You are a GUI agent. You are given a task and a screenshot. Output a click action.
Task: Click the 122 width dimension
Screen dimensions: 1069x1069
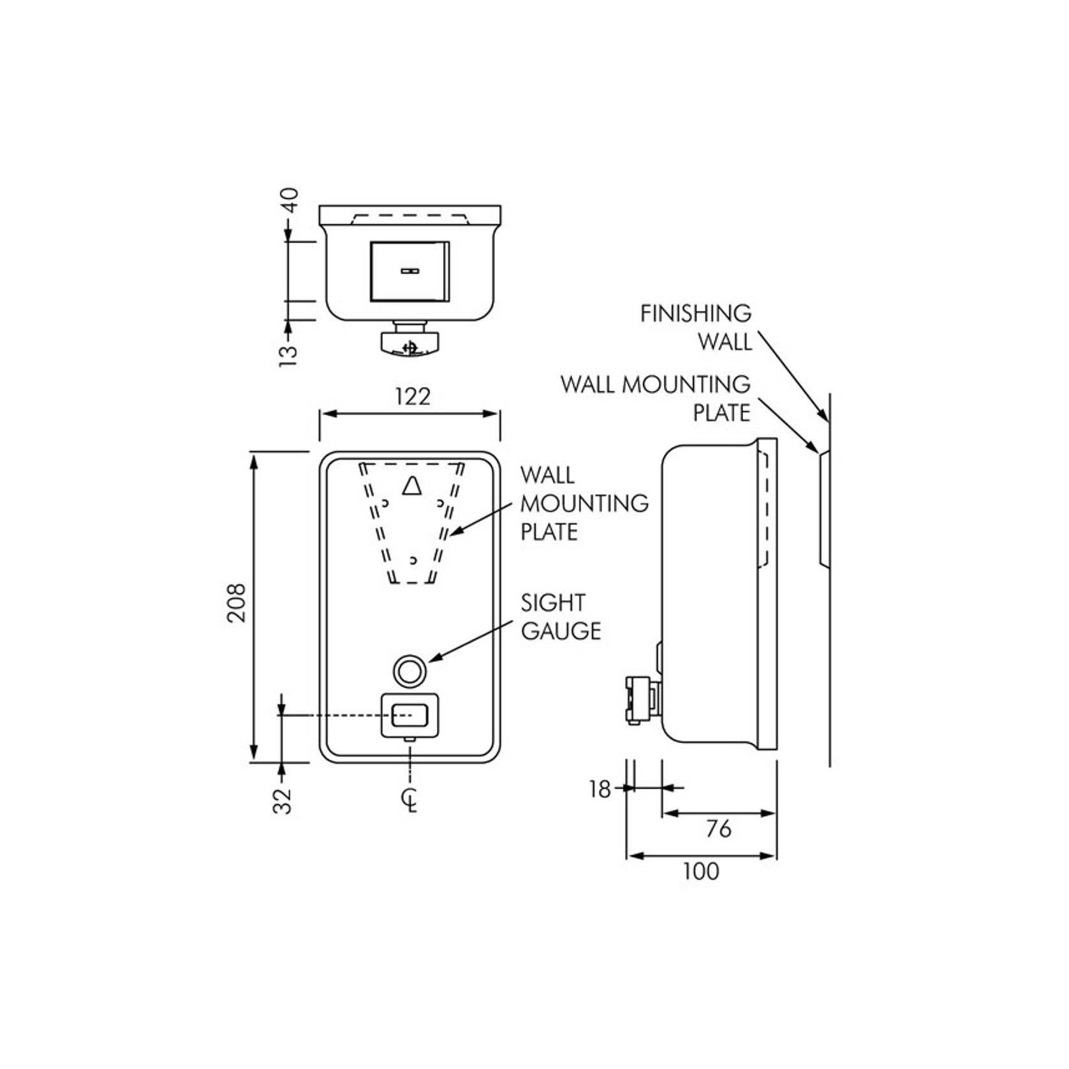point(413,397)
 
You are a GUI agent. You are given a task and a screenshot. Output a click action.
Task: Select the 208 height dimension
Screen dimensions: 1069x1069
point(237,602)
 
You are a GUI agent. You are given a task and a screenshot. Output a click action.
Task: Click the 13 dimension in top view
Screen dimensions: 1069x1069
point(289,355)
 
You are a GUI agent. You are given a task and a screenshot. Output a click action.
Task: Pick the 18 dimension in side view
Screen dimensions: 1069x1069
point(600,790)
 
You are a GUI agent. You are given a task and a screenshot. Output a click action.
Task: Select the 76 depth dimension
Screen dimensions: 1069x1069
point(718,829)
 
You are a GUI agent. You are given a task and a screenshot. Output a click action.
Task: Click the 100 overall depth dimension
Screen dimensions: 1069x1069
point(700,871)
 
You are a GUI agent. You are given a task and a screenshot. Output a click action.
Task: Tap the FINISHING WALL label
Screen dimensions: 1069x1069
point(697,327)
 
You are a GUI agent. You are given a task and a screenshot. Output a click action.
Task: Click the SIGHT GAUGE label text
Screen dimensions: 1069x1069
point(561,617)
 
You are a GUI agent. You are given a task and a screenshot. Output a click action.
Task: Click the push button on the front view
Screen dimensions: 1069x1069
point(409,714)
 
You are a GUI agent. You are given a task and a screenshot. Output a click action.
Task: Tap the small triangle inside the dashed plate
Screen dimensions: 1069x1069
point(412,486)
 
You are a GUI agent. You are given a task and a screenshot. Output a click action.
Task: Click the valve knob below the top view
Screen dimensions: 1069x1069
point(410,342)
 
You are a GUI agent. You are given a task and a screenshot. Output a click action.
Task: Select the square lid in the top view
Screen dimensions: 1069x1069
point(409,271)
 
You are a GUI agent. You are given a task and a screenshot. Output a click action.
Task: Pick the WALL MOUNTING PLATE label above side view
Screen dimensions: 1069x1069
point(656,399)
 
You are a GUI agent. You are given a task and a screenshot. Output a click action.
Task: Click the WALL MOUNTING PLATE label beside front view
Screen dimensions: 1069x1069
point(583,503)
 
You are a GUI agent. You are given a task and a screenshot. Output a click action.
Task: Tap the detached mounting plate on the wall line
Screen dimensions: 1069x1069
point(823,508)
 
